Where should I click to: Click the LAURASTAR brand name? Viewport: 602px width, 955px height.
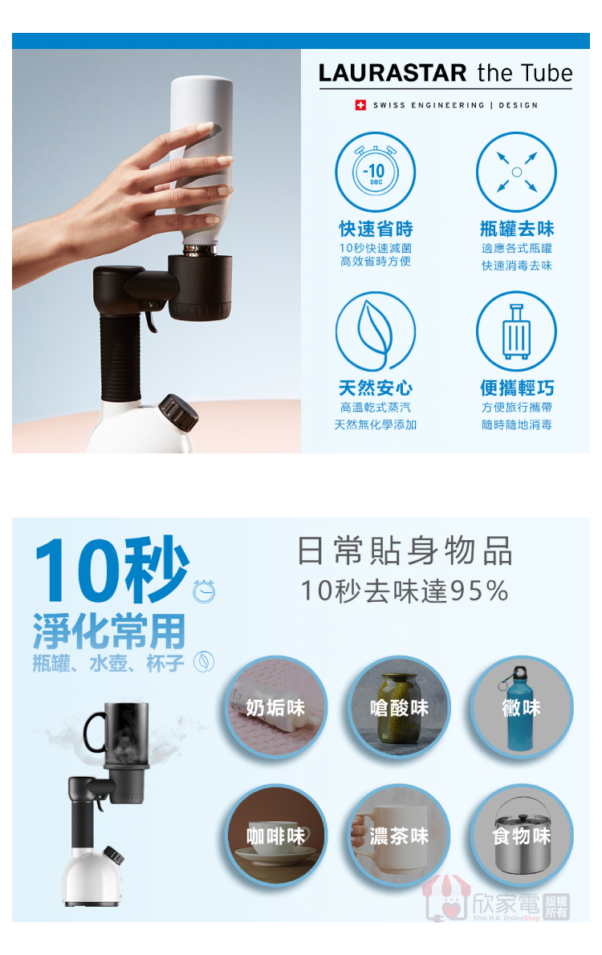point(393,73)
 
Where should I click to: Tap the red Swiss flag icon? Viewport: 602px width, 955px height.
point(360,105)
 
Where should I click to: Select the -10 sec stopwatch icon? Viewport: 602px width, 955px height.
point(376,173)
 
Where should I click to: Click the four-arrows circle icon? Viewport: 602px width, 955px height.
point(516,173)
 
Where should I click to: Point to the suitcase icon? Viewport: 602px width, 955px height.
point(516,332)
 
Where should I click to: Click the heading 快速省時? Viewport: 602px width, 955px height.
point(376,229)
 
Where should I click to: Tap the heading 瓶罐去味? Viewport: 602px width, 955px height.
point(517,229)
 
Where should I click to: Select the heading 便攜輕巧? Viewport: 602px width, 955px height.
point(517,388)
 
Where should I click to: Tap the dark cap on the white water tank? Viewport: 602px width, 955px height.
point(178,412)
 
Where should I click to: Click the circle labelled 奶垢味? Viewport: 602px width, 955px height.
point(276,708)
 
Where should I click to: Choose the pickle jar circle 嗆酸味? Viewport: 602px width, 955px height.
point(399,708)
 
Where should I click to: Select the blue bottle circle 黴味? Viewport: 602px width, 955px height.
point(522,708)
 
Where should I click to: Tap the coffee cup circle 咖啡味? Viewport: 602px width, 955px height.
point(276,835)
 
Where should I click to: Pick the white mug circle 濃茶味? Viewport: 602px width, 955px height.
point(399,835)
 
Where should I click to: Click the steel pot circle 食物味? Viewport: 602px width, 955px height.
point(522,835)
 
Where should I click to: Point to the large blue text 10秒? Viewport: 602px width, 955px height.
point(112,571)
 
